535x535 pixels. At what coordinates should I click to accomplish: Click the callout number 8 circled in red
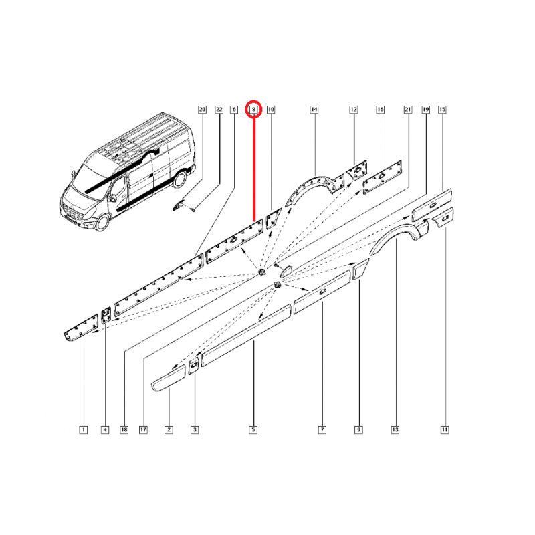coord(254,110)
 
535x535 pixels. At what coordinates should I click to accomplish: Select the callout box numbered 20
coord(203,110)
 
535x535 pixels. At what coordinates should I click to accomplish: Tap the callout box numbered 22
coord(219,110)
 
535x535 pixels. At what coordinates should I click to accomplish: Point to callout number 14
coord(314,110)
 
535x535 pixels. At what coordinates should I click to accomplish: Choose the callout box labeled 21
coord(408,110)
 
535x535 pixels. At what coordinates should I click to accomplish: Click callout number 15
coord(442,110)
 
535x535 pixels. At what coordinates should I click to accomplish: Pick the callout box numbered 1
coord(83,429)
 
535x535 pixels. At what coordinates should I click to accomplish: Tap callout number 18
coord(124,429)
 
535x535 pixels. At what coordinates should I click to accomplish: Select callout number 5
coord(253,429)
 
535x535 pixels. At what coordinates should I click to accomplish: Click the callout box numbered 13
coord(395,429)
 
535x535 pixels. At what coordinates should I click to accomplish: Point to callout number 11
coord(445,429)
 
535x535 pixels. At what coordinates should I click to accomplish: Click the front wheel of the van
coord(102,222)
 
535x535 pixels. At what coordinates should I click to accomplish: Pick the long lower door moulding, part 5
coord(245,336)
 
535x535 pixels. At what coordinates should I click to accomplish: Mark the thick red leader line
coord(254,168)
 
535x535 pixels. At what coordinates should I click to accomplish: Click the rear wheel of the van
coord(180,179)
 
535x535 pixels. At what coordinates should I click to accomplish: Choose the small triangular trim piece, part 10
coord(273,219)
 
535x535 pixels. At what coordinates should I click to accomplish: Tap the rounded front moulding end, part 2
coord(169,378)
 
